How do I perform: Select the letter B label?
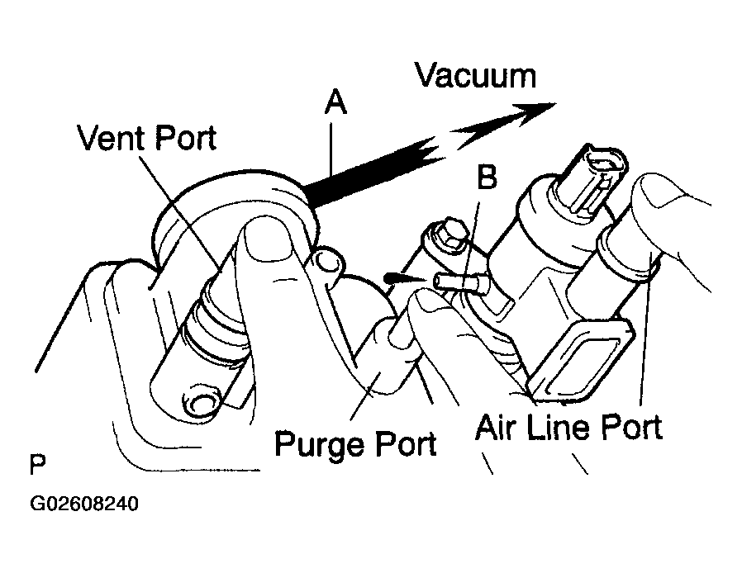point(488,175)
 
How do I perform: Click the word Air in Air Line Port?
point(497,427)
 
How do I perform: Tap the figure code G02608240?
point(84,503)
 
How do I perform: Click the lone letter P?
point(36,464)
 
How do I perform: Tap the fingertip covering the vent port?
point(265,239)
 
